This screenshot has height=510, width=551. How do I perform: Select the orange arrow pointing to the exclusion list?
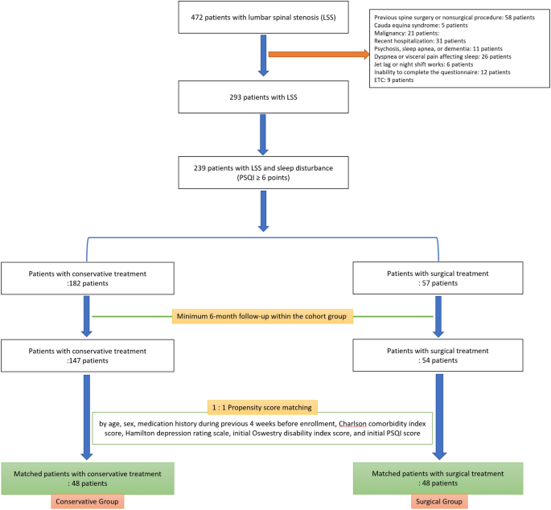[319, 55]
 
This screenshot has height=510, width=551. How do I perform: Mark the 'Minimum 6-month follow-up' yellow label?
[263, 316]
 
